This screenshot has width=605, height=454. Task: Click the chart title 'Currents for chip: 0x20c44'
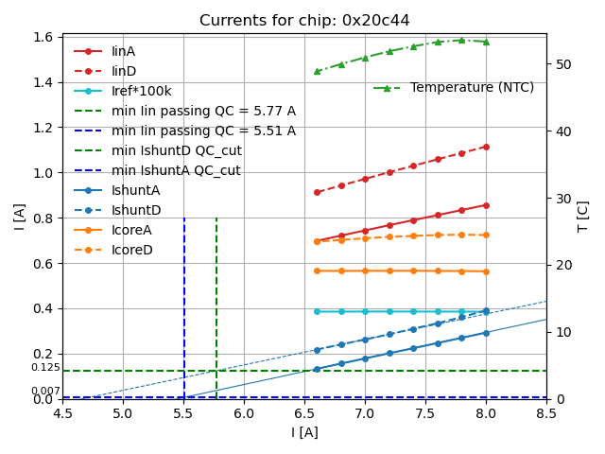tap(304, 21)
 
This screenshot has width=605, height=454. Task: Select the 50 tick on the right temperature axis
tap(558, 64)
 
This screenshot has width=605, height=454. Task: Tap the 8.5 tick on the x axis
tap(546, 413)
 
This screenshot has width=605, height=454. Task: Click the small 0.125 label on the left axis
tap(45, 368)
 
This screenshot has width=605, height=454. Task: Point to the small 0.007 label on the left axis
tap(45, 392)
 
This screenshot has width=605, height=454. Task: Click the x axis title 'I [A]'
tap(304, 432)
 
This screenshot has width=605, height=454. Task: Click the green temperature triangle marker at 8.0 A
tap(486, 42)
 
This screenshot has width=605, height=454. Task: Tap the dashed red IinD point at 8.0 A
tap(486, 147)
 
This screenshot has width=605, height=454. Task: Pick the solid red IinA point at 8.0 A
tap(486, 205)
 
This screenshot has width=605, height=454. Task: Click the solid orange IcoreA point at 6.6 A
tap(317, 271)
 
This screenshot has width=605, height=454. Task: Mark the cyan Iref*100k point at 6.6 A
tap(317, 311)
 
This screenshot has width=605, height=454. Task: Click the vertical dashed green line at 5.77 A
tap(216, 303)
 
